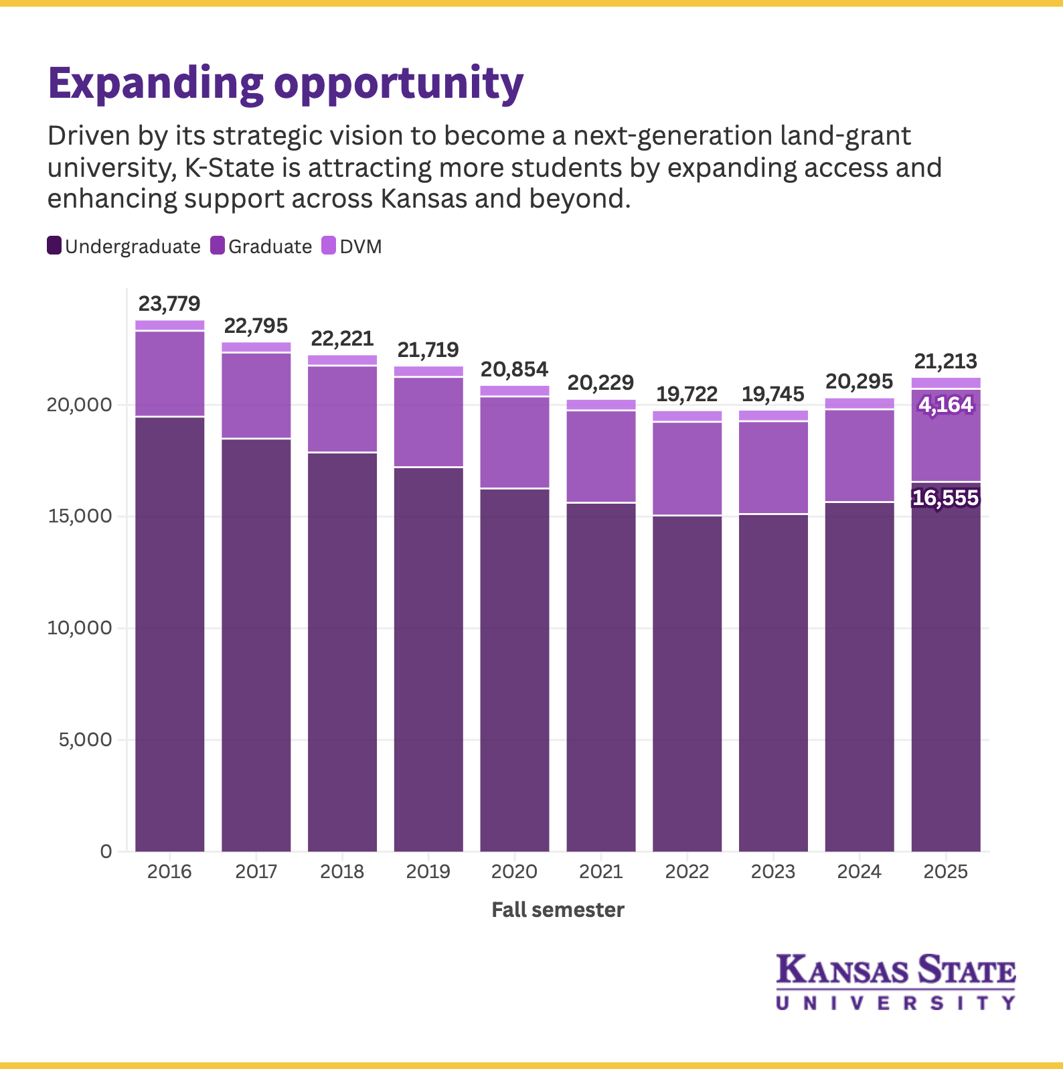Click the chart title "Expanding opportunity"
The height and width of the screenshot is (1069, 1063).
point(285,84)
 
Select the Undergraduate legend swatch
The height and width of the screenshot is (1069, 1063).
point(54,246)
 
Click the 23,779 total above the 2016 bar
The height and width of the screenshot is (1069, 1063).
point(169,304)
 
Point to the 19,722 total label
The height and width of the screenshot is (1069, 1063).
point(687,394)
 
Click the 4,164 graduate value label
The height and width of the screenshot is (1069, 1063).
point(945,405)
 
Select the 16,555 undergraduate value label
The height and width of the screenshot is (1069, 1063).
point(945,498)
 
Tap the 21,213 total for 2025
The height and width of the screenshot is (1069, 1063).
point(945,362)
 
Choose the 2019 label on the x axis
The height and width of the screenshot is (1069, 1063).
point(428,871)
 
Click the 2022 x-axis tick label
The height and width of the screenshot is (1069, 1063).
point(687,871)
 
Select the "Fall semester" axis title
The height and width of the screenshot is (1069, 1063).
point(558,910)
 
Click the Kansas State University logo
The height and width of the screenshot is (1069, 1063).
point(896,982)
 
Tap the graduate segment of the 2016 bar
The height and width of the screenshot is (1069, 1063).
point(170,373)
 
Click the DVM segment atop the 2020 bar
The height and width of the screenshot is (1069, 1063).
point(515,390)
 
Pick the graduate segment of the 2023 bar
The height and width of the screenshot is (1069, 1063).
point(773,467)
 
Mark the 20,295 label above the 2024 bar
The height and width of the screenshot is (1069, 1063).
point(859,382)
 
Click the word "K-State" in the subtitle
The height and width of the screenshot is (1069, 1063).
point(229,167)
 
